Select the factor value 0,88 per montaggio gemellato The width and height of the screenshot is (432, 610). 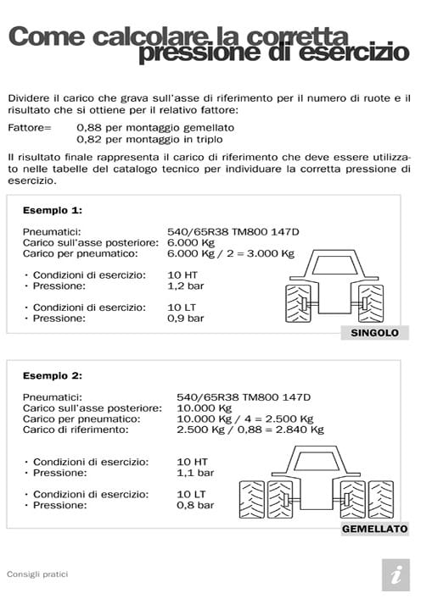click(155, 127)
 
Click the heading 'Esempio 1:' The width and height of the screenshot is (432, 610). click(53, 210)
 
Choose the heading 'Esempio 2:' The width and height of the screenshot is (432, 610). click(53, 374)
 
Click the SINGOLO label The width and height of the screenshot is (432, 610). click(374, 333)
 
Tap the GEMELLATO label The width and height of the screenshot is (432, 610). click(374, 529)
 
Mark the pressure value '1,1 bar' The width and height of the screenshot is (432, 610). click(194, 473)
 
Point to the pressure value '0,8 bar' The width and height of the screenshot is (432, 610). click(194, 505)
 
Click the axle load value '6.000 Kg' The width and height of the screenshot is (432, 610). click(191, 242)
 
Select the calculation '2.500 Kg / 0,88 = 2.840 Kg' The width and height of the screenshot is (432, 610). click(250, 430)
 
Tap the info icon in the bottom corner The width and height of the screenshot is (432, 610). click(395, 574)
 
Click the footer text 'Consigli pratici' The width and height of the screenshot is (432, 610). click(37, 574)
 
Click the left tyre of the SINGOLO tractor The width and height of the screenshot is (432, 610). click(296, 304)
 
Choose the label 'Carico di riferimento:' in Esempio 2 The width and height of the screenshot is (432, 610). click(76, 430)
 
